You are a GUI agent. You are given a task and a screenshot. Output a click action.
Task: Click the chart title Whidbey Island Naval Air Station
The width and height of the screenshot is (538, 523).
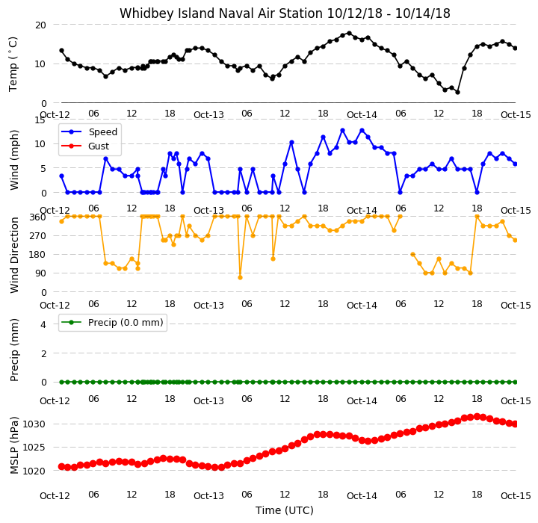pos(221,13)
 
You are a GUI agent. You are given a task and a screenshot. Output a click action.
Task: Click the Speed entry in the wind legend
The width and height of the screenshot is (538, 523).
pos(103,131)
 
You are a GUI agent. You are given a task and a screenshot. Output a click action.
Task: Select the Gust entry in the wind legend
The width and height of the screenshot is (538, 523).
pos(99,146)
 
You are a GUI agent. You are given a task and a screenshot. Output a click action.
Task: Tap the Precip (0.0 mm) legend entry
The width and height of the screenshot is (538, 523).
pos(126,323)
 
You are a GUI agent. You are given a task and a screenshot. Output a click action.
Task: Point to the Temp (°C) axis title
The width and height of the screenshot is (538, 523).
pos(13,64)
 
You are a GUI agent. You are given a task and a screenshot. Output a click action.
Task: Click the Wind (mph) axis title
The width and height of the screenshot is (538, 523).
pos(13,160)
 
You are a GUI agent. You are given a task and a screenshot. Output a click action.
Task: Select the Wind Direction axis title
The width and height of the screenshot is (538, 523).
pos(13,255)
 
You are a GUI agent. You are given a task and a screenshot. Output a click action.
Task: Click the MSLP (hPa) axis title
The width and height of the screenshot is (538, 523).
pos(13,445)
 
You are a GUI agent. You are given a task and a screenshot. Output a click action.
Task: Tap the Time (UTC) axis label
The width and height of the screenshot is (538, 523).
pos(285,510)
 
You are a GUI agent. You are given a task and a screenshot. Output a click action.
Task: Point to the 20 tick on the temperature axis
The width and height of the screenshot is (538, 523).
pos(40,25)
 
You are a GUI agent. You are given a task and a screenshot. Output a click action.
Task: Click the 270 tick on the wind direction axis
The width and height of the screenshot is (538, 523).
pos(38,236)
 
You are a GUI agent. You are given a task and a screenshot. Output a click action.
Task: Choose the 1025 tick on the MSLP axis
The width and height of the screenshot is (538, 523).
pos(34,448)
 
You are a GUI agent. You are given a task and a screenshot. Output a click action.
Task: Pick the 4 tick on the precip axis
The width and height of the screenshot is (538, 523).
pos(43,324)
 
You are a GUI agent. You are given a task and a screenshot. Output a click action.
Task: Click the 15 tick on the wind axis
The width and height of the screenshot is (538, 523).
pos(40,120)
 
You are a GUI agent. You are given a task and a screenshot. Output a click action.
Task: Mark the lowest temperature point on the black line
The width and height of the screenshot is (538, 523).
pos(457,93)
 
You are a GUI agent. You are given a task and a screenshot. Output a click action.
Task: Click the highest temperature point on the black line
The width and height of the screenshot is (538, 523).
pos(349,34)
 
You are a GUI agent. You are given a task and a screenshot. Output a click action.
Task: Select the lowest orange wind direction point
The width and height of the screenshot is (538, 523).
pos(240,278)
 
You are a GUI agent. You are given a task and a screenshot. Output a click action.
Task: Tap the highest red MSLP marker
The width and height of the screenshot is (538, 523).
pos(477,417)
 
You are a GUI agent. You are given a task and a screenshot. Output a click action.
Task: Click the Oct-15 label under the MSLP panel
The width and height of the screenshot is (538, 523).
pos(516,495)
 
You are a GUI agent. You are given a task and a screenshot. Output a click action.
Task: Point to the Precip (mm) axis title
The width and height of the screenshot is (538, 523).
pos(13,350)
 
